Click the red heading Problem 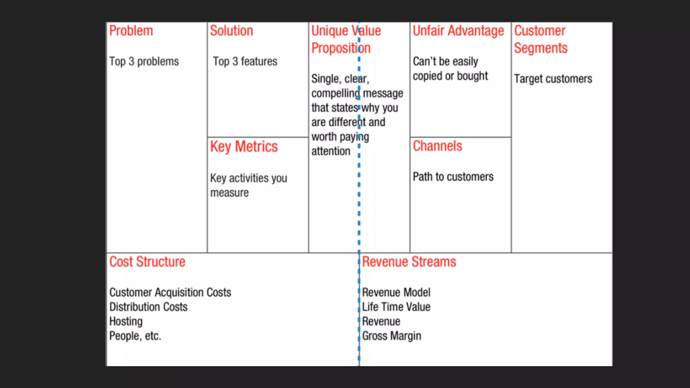click(131, 31)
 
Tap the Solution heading click(231, 31)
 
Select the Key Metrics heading click(244, 147)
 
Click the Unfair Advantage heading click(458, 31)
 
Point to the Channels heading click(437, 146)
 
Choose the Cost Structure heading click(147, 262)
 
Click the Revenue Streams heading click(409, 262)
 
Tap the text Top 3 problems click(144, 62)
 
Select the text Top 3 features click(245, 62)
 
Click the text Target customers click(553, 79)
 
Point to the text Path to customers click(453, 177)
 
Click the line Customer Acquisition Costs click(170, 292)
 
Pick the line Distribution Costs click(148, 307)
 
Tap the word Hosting click(126, 322)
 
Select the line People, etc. click(135, 336)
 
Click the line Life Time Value click(396, 307)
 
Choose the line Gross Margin click(391, 336)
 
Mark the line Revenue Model click(396, 292)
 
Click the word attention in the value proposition click(331, 152)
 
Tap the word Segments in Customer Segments click(541, 48)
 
